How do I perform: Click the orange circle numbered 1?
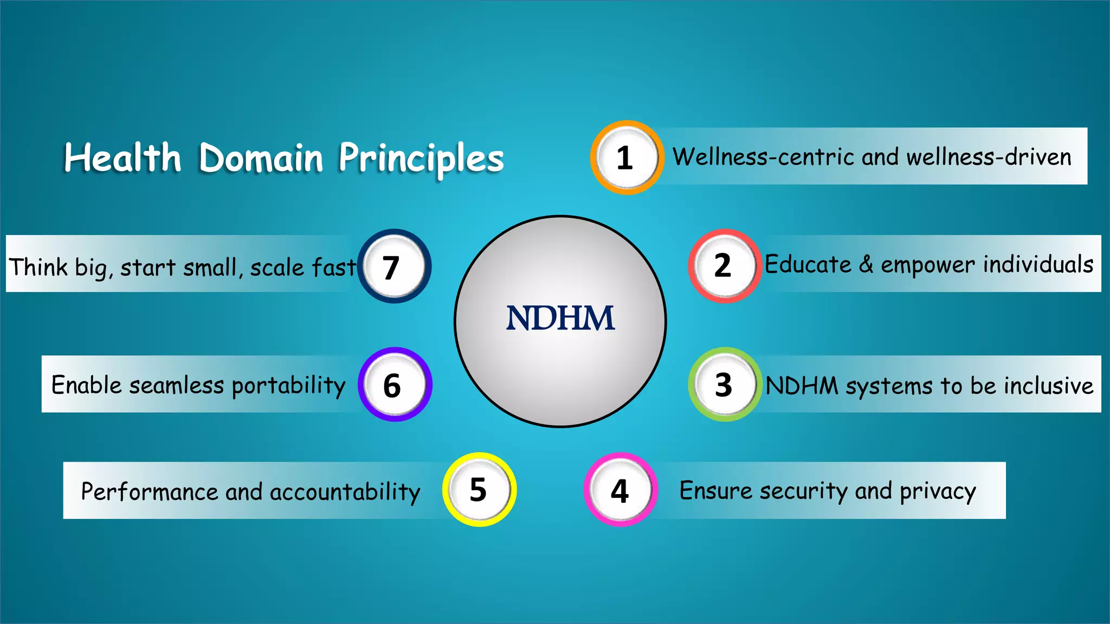coord(627,157)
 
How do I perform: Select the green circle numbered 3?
coord(724,385)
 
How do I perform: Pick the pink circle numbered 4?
coord(621,490)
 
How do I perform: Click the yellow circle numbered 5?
coord(479,490)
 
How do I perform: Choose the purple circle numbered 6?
coord(395,385)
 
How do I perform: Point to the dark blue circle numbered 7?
coord(394,266)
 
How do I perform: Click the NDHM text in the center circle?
coord(560,318)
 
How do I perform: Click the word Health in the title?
coord(122,158)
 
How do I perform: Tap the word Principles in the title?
coord(421,158)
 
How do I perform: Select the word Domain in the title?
coord(261,158)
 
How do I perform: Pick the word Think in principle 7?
coord(38,266)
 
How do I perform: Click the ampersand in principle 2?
coord(866,264)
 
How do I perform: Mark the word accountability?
coord(345,492)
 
